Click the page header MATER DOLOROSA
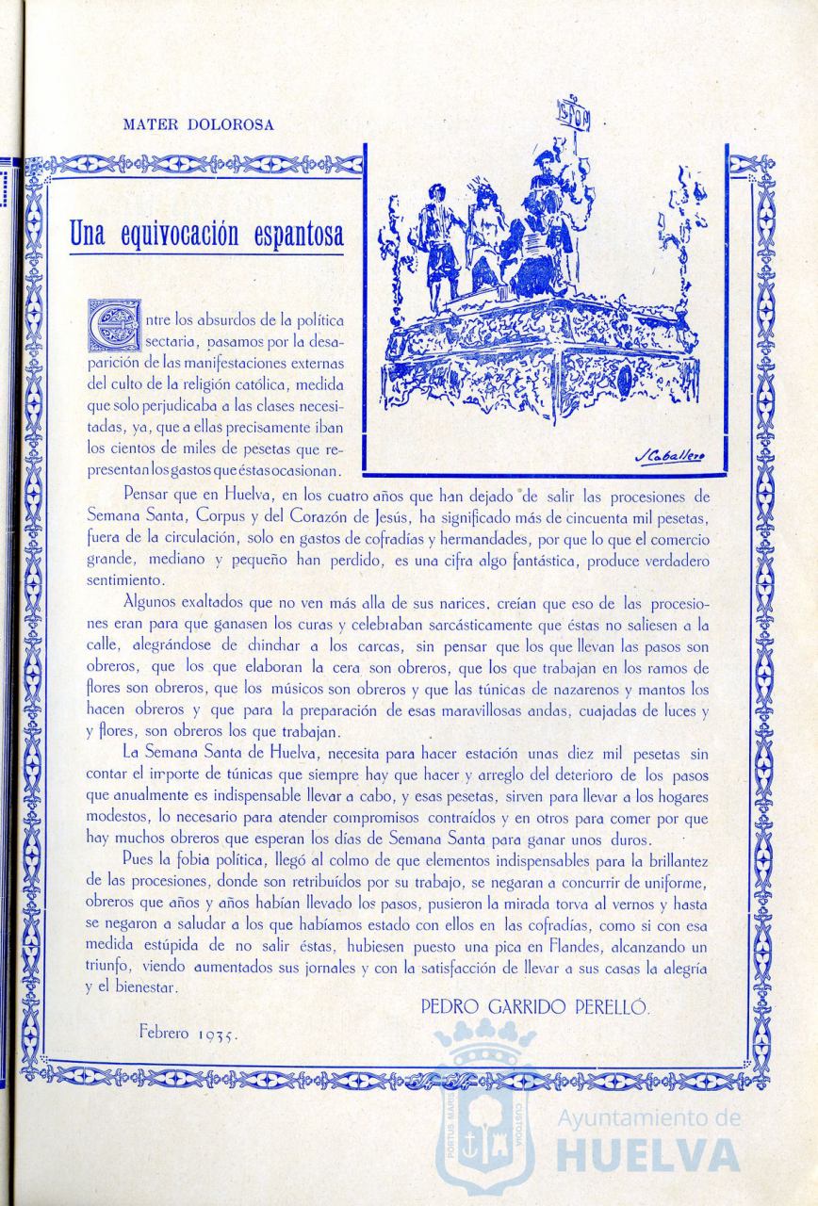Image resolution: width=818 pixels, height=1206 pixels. click(x=199, y=124)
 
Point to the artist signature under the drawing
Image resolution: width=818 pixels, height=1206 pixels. click(x=670, y=457)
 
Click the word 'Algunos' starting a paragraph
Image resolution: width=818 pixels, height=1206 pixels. click(x=152, y=601)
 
